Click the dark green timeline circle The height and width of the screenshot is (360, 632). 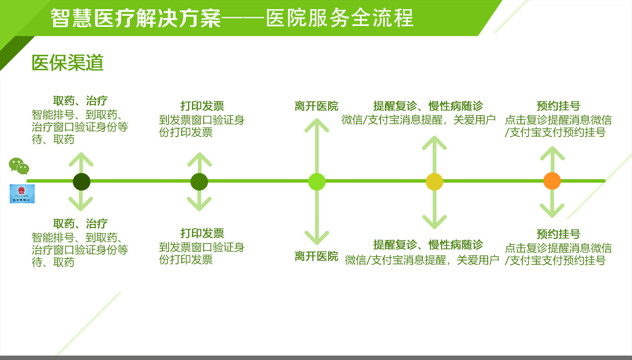pyautogui.click(x=82, y=182)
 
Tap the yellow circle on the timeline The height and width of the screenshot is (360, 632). pyautogui.click(x=434, y=182)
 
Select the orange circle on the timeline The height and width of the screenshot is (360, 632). pyautogui.click(x=552, y=181)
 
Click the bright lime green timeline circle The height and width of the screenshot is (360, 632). pyautogui.click(x=316, y=182)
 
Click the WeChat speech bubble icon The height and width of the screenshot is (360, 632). pyautogui.click(x=19, y=166)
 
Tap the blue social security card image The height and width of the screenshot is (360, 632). pyautogui.click(x=22, y=194)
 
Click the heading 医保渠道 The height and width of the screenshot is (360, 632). pyautogui.click(x=68, y=63)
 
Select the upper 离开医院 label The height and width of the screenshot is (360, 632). pyautogui.click(x=316, y=106)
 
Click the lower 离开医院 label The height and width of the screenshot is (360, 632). pyautogui.click(x=316, y=256)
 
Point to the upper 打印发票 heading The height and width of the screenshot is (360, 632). pyautogui.click(x=202, y=106)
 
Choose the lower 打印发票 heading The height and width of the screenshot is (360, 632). pyautogui.click(x=202, y=233)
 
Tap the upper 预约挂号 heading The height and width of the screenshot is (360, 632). pyautogui.click(x=558, y=106)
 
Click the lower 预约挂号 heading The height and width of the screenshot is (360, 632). pyautogui.click(x=558, y=234)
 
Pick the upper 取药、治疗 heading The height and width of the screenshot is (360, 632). pyautogui.click(x=80, y=101)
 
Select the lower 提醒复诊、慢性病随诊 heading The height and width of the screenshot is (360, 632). pyautogui.click(x=428, y=245)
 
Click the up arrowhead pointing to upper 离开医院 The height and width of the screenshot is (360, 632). pyautogui.click(x=316, y=125)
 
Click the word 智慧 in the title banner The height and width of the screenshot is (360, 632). pyautogui.click(x=72, y=18)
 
